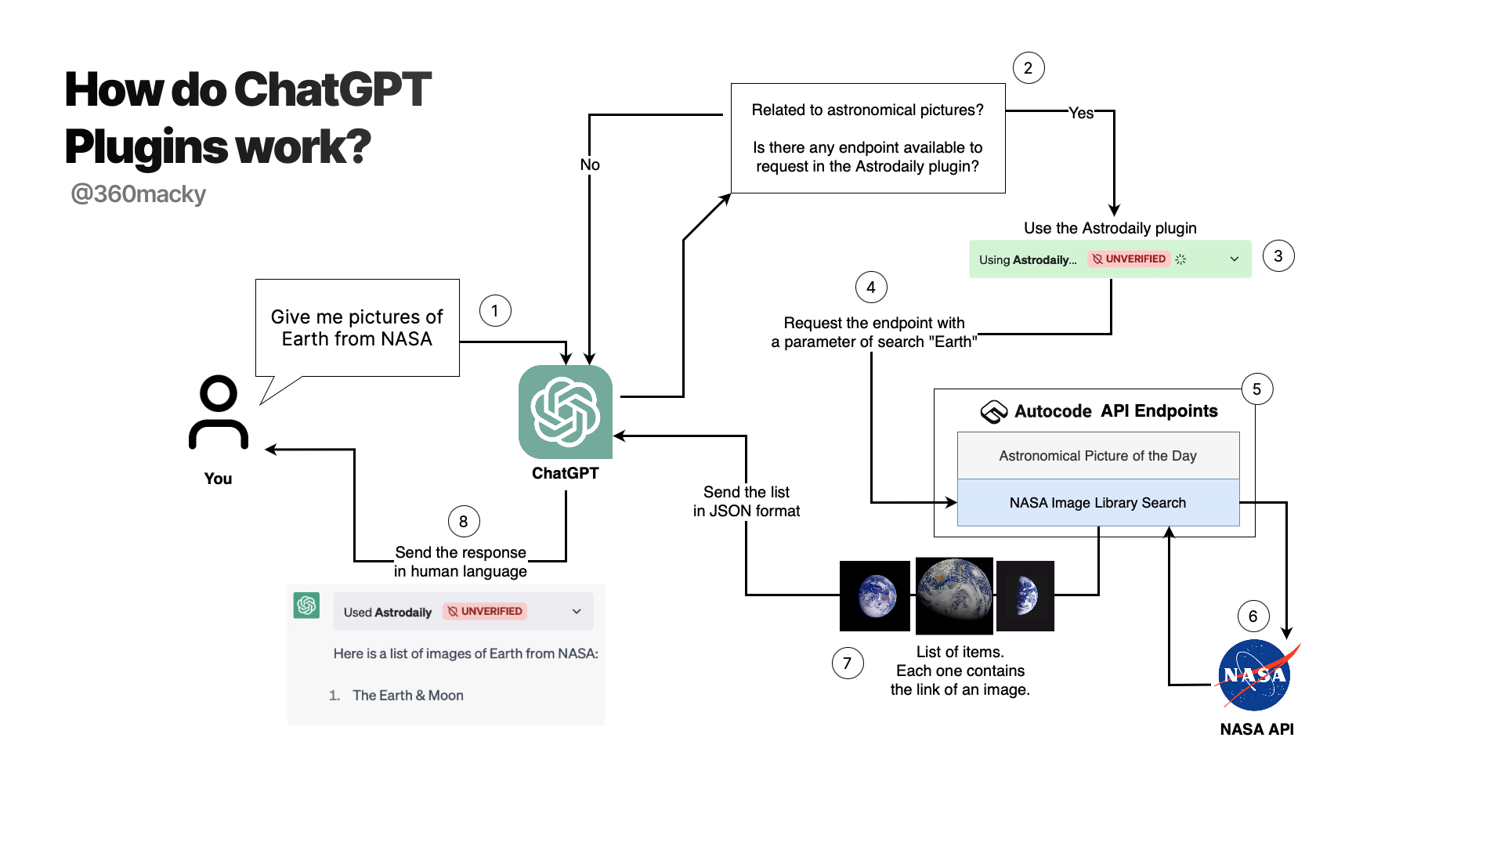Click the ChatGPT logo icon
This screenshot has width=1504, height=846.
click(x=565, y=412)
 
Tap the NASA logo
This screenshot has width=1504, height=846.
click(x=1255, y=675)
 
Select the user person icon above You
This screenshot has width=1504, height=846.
click(x=219, y=413)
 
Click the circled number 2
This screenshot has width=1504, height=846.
click(x=1028, y=68)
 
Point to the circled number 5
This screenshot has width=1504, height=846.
click(x=1256, y=389)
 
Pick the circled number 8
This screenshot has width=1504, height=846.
click(x=463, y=522)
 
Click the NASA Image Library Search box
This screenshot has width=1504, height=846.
click(x=1097, y=503)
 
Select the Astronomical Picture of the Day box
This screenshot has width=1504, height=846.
click(x=1097, y=456)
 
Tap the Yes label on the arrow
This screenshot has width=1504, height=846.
click(x=1081, y=113)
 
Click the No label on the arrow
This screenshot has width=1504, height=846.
click(x=590, y=164)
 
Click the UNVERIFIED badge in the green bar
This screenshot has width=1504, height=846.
click(x=1129, y=259)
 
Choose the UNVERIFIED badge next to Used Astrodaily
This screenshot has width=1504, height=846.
click(x=485, y=612)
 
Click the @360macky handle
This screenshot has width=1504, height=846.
click(x=138, y=193)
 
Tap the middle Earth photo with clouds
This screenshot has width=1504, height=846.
click(x=954, y=595)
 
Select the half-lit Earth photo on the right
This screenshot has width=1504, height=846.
click(x=1025, y=595)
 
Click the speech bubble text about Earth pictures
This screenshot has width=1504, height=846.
click(x=356, y=327)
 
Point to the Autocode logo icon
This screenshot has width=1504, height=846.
click(x=993, y=411)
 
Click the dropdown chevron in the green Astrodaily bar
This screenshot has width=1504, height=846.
click(x=1234, y=259)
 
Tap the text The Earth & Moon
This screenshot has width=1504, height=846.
click(x=407, y=696)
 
